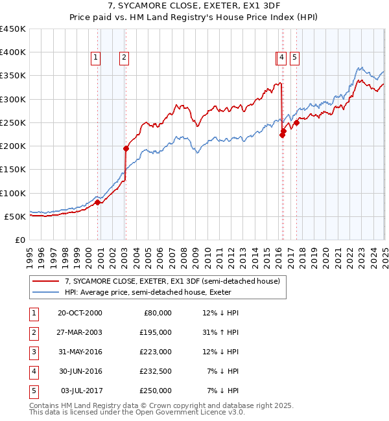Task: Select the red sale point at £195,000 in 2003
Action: click(126, 148)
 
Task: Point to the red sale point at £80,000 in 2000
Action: click(97, 202)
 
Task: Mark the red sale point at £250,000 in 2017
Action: click(296, 122)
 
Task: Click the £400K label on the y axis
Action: click(13, 52)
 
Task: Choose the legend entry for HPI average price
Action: click(148, 292)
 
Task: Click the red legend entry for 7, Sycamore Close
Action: click(172, 281)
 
